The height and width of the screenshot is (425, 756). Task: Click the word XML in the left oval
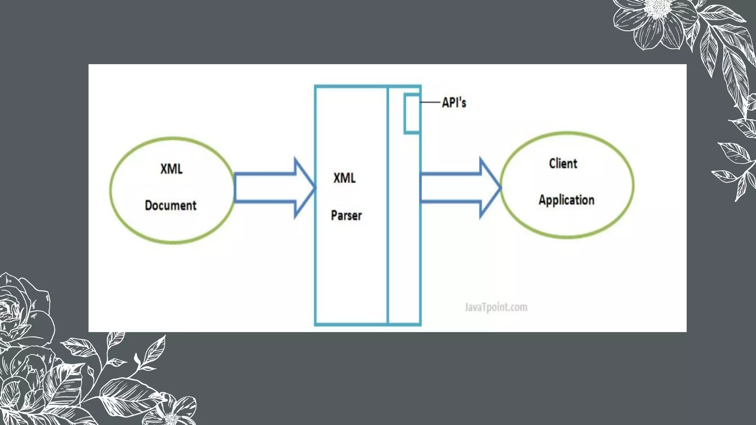click(x=171, y=169)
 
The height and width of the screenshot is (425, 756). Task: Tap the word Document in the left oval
click(x=171, y=205)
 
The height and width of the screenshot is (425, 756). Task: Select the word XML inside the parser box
click(x=344, y=178)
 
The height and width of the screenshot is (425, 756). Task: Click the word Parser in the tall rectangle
click(x=346, y=215)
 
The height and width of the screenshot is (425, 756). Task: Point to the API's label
click(x=454, y=103)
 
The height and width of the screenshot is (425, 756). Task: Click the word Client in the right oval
click(x=563, y=163)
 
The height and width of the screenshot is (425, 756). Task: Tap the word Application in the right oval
click(x=566, y=200)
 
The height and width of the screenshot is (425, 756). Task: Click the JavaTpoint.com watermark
click(x=496, y=307)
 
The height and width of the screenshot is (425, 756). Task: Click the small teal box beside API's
click(x=412, y=114)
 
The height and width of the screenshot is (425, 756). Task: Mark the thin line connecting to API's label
click(x=430, y=102)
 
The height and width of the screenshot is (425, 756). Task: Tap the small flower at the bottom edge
click(x=173, y=411)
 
